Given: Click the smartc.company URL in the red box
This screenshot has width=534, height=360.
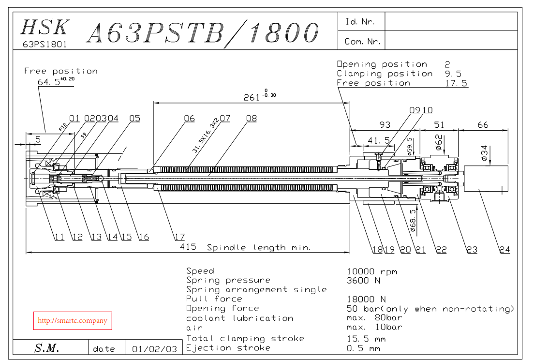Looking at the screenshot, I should tap(73, 321).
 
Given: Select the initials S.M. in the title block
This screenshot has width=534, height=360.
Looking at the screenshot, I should tap(46, 348).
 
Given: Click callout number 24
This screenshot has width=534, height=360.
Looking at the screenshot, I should tap(504, 250).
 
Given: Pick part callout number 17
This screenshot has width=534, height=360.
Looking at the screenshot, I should tap(179, 237).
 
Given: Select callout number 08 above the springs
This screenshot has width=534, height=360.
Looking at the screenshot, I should tap(251, 119).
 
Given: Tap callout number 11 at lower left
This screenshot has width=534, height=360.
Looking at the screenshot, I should tap(59, 237).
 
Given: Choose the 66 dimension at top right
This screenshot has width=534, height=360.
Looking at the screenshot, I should tap(483, 125).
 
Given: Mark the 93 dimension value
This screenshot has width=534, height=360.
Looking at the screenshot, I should tap(385, 125).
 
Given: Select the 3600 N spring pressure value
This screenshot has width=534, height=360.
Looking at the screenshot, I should tap(364, 281).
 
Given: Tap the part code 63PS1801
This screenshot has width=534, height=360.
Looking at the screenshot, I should tap(45, 44).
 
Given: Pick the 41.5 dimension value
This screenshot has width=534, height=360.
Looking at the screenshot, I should tap(379, 140).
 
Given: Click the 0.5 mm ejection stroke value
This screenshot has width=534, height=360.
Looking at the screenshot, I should tap(363, 348).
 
